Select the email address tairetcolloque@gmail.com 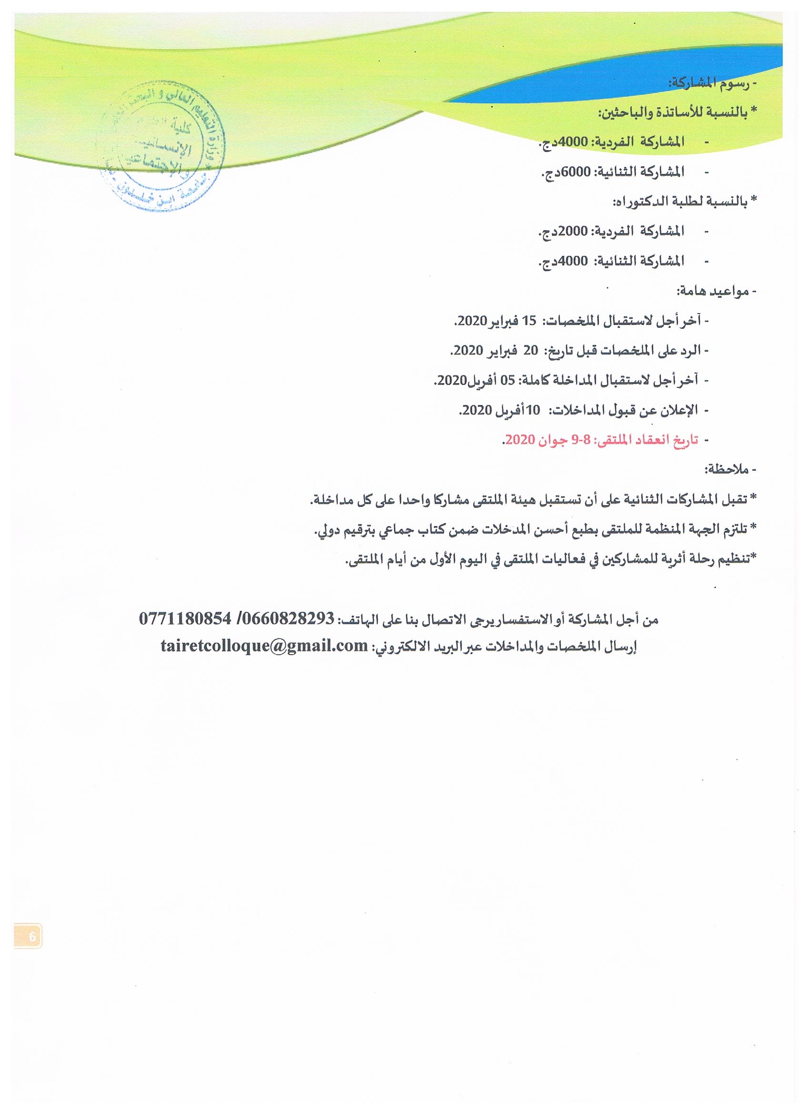pyautogui.click(x=264, y=645)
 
